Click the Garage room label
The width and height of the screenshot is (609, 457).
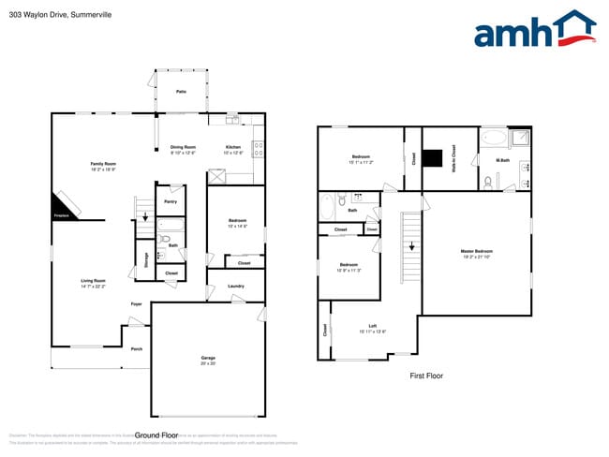[x=208, y=358]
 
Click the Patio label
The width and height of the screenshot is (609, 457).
[x=181, y=91]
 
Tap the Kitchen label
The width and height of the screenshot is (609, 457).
[x=233, y=147]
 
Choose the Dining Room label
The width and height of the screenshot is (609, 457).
[x=183, y=147]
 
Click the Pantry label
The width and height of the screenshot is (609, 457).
[x=171, y=201]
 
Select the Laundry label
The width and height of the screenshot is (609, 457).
[x=236, y=286]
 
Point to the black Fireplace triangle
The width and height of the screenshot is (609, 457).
[x=62, y=206]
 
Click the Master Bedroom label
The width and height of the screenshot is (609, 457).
[x=477, y=251]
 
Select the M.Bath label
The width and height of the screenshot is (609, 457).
[x=503, y=160]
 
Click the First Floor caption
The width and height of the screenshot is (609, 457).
[x=426, y=376]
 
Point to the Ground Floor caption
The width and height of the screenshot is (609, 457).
[x=156, y=435]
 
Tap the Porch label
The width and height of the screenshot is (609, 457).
[x=137, y=349]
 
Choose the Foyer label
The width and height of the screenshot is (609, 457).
[x=136, y=303]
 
